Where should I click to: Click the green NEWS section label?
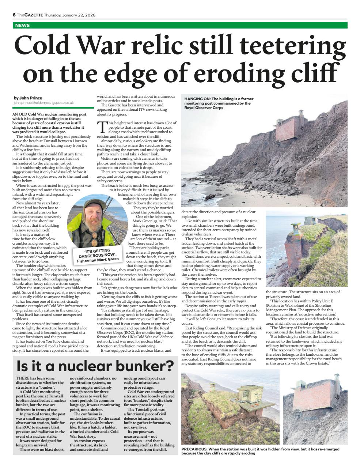[x=22, y=26]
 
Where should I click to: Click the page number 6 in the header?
[x=14, y=15]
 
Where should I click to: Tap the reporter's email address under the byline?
[x=43, y=103]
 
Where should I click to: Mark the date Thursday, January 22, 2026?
[x=70, y=15]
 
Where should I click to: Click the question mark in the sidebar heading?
[x=168, y=366]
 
